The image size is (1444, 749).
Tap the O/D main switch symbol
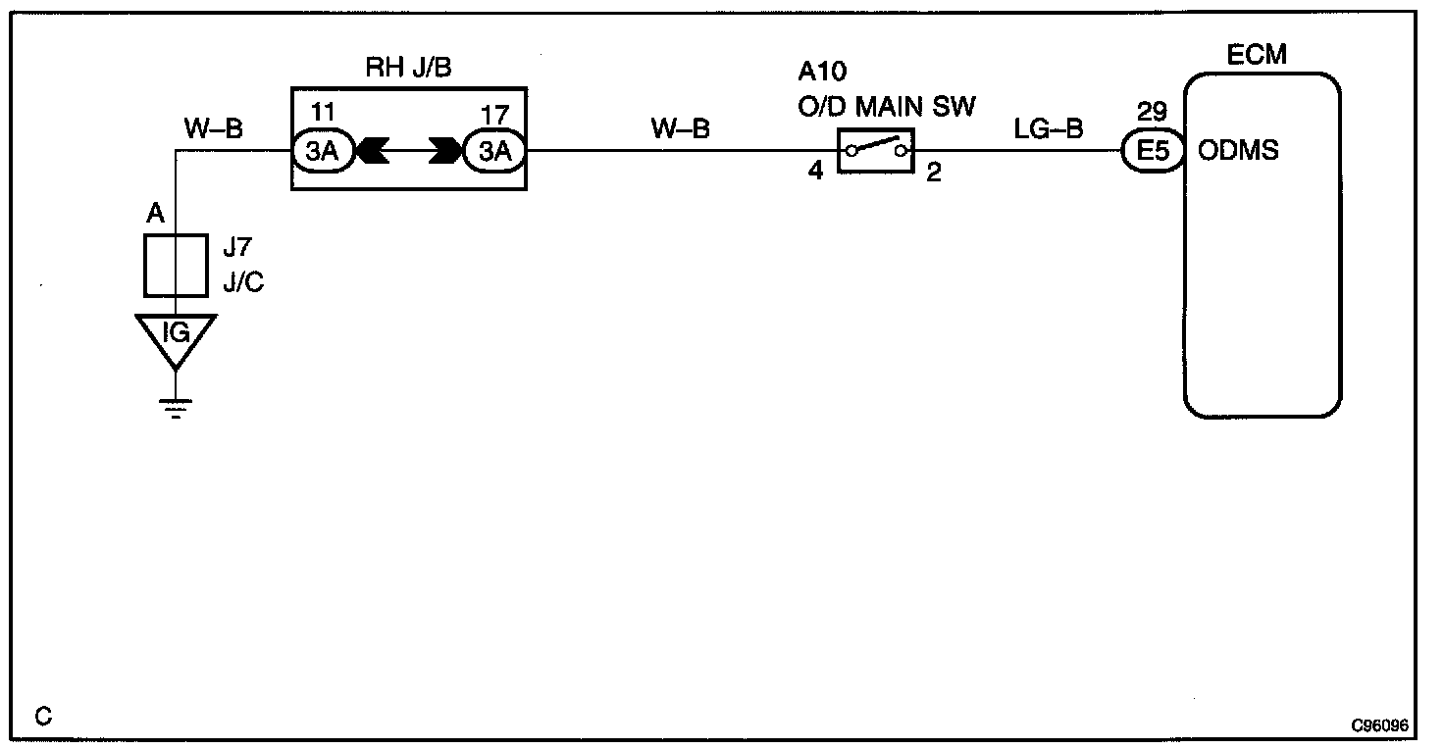(875, 151)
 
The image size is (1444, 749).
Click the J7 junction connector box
(176, 265)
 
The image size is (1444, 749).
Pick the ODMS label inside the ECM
(1238, 152)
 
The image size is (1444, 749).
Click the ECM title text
(1257, 56)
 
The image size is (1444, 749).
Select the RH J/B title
(407, 68)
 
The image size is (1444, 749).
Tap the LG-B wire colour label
(1050, 128)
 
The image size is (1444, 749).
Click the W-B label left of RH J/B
(213, 128)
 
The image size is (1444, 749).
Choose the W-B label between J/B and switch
(680, 128)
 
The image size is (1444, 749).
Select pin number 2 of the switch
(933, 175)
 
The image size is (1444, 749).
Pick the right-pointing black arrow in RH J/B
(445, 152)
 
